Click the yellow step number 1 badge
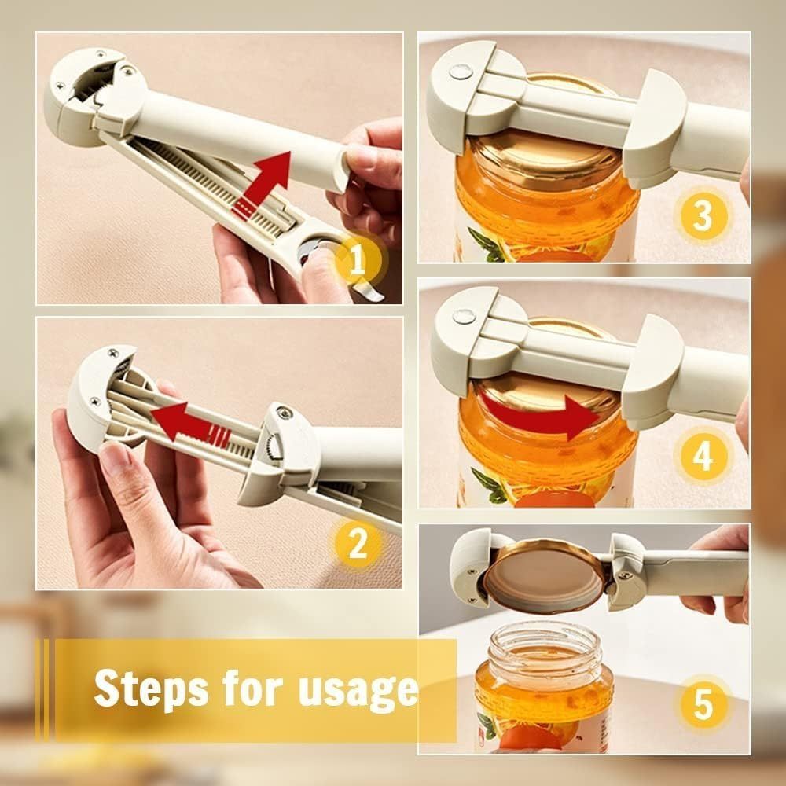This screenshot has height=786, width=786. tap(357, 260)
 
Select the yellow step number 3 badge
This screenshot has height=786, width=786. tap(701, 215)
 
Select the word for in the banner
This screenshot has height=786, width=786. tap(252, 688)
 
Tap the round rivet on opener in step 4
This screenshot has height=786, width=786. tap(463, 317)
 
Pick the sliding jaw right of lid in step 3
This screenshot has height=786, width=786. tap(664, 126)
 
